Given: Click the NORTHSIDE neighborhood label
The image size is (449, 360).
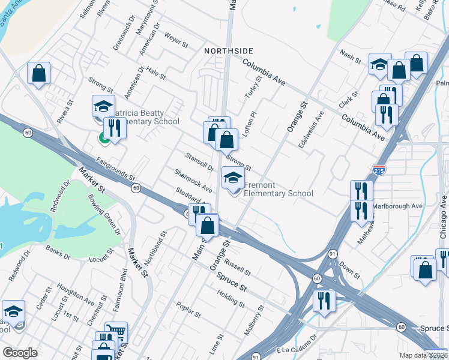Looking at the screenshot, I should (228, 50).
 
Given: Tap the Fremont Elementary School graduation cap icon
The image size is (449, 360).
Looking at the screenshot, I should (233, 178).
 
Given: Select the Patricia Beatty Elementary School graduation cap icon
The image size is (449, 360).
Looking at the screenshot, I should (103, 106).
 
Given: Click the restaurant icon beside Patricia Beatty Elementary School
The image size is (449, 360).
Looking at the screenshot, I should (114, 128).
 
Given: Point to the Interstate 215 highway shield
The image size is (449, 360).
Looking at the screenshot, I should (379, 170).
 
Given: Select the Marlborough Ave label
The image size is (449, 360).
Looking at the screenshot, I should (398, 206).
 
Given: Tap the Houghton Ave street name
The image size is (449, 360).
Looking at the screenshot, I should (76, 293).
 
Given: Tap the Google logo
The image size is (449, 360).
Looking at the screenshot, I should (20, 352).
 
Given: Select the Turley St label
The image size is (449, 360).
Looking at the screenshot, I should (253, 87).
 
